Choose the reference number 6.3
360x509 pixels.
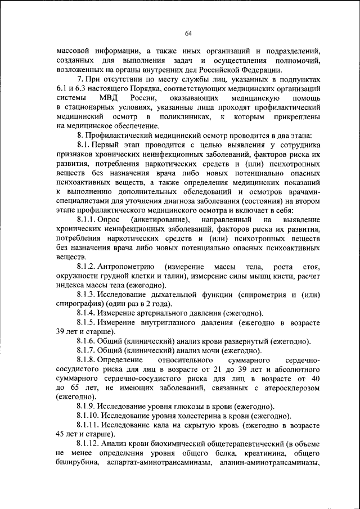point(86,89)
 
